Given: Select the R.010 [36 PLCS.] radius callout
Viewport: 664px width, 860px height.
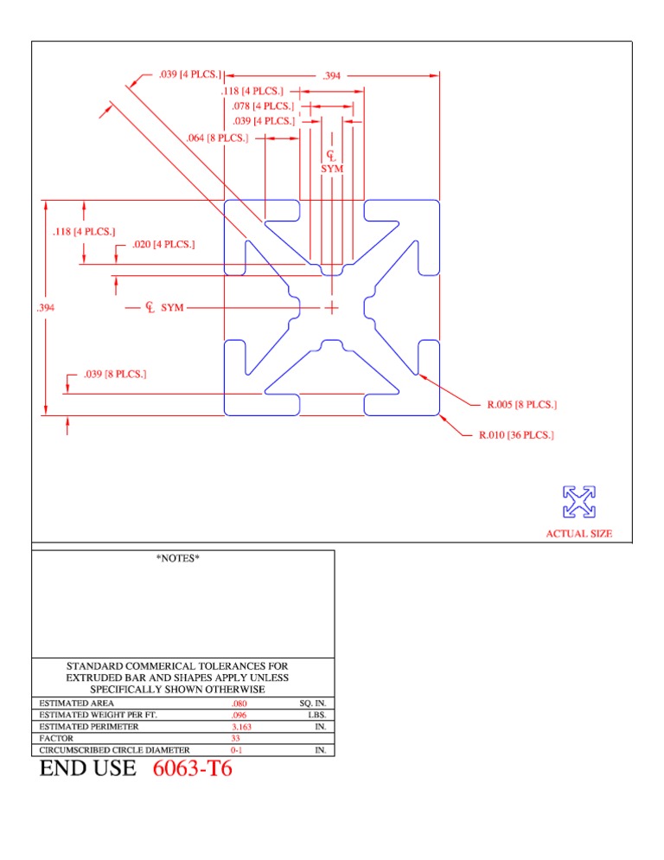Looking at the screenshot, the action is click(516, 435).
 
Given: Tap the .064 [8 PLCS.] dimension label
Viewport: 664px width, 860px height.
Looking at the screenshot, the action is click(217, 138).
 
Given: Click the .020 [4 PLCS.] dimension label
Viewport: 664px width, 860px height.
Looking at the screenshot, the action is click(163, 245).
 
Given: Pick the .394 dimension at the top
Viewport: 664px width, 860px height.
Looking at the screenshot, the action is click(331, 76).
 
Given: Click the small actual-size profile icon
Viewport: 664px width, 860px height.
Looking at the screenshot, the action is click(578, 502).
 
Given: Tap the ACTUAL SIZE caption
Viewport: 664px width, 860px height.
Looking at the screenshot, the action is click(578, 534).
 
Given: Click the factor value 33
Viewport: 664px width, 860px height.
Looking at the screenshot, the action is click(235, 739).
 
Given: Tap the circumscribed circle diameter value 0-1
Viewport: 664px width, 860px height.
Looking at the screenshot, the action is click(237, 750).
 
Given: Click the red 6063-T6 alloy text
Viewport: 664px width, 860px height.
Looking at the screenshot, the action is click(192, 769).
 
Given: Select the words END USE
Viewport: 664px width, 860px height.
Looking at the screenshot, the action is click(87, 769).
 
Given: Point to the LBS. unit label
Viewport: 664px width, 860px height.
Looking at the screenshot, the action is click(316, 716).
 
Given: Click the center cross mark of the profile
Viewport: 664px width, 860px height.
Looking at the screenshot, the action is click(332, 307).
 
